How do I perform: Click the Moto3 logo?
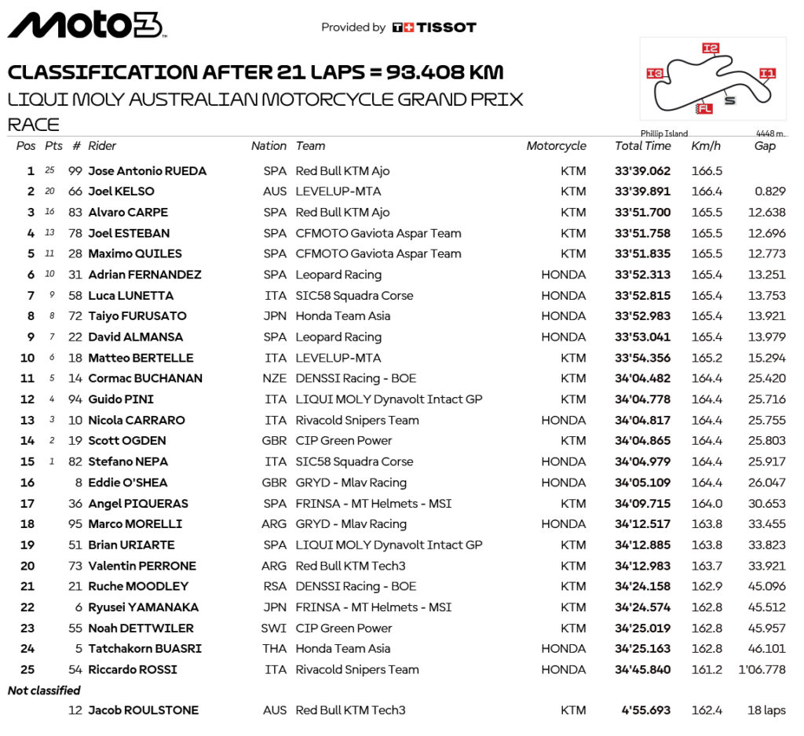86,25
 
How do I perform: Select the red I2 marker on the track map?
710,49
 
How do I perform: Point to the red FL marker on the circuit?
704,109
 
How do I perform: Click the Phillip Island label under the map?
663,134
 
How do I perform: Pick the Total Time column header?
642,146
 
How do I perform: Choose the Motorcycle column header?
556,146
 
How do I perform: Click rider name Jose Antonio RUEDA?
147,171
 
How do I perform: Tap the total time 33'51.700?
642,213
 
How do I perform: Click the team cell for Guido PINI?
389,399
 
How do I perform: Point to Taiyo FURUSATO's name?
137,316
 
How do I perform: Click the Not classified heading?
44,690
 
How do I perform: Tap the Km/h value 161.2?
707,670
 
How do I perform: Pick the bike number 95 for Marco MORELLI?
75,524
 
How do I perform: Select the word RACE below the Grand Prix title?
33,125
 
